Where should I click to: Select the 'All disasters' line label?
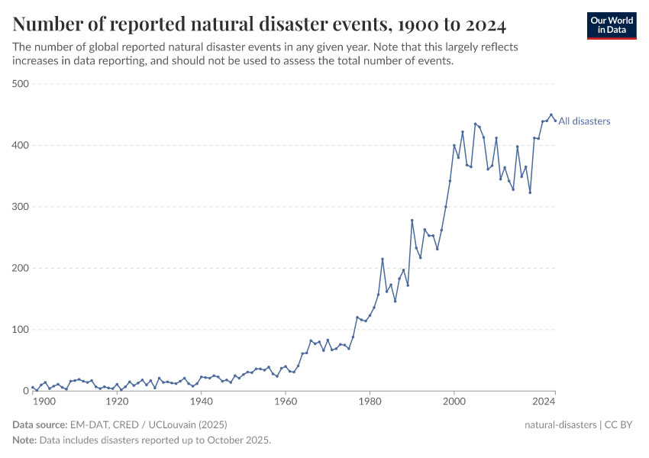pos(584,121)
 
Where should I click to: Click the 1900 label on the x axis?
pos(44,402)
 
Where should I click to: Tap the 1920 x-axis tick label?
pos(117,402)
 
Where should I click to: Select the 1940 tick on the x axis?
pos(201,402)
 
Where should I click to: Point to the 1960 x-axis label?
pos(286,402)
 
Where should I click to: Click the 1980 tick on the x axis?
pos(370,402)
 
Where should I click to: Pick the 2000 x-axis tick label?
pos(454,402)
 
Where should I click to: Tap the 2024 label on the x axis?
pos(544,402)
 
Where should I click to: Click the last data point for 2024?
pos(555,120)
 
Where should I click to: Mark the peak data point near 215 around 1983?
pos(383,260)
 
